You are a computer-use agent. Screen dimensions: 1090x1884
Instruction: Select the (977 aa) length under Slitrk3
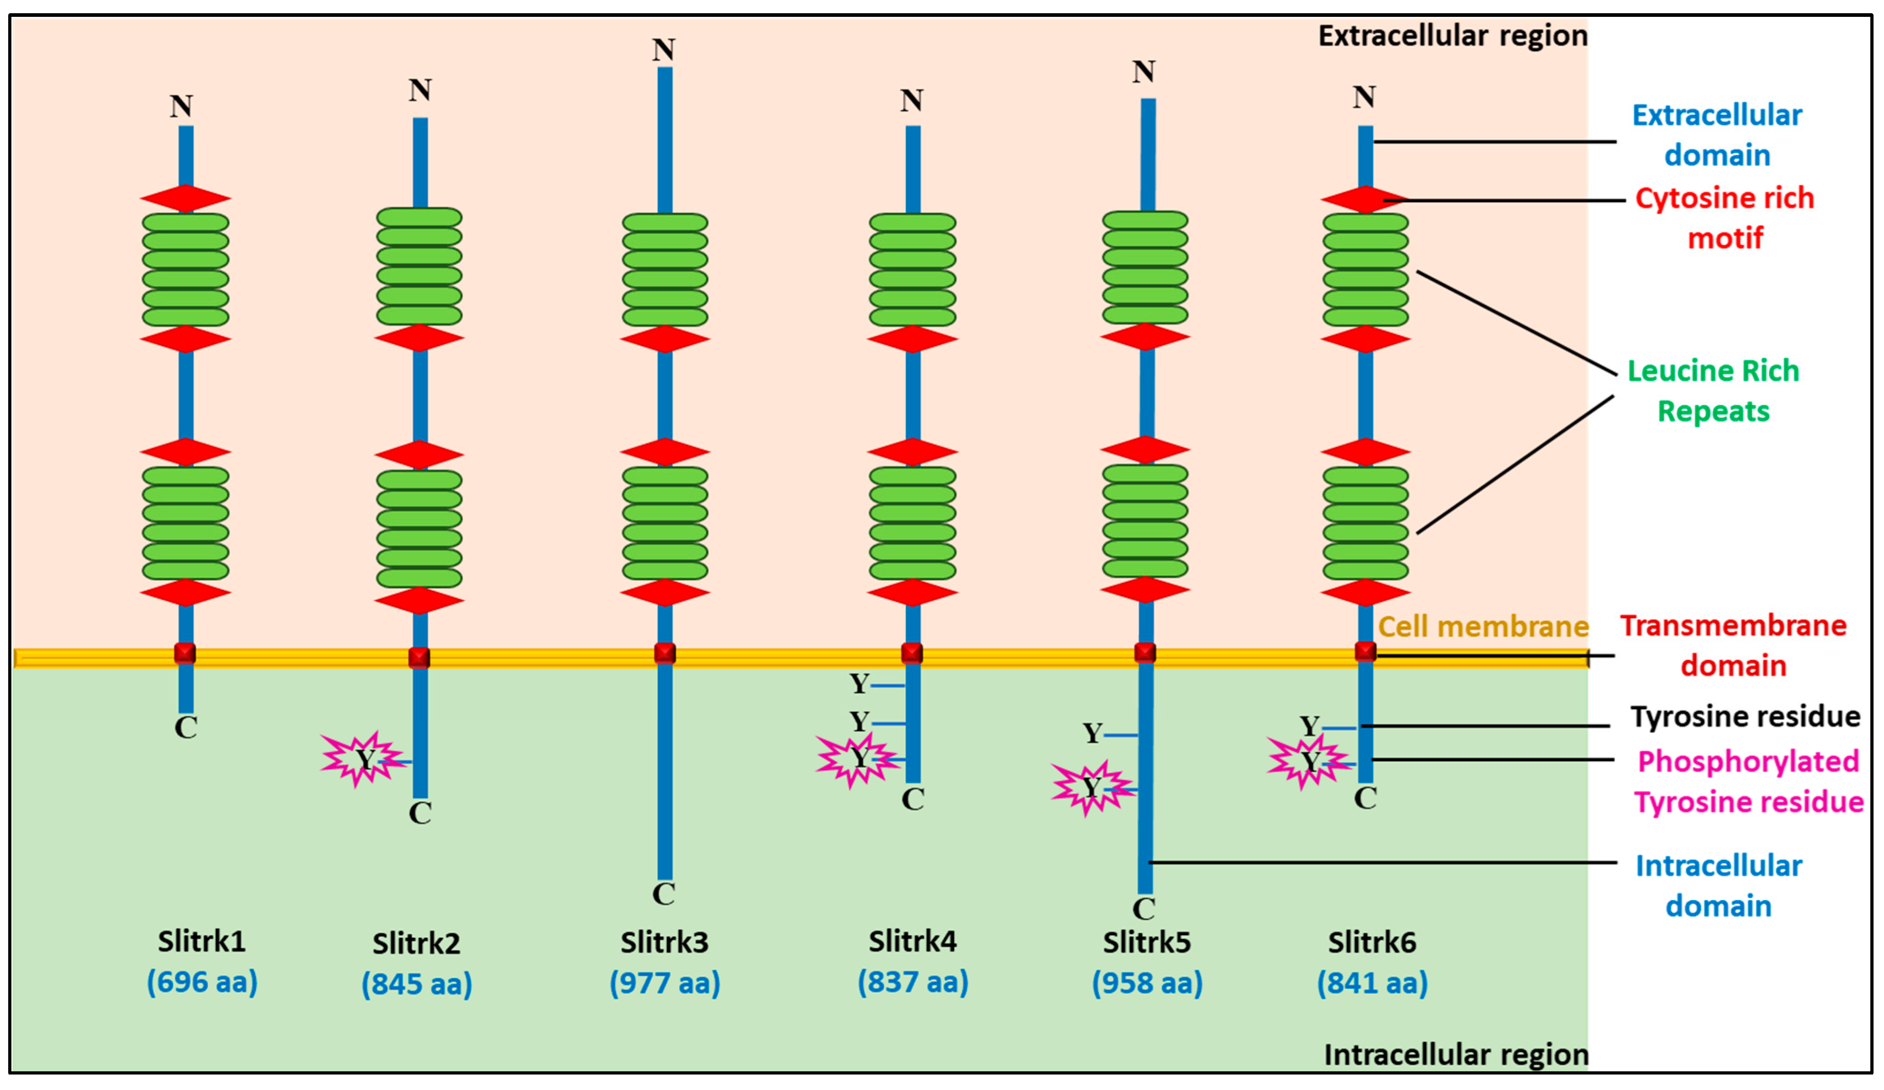point(665,983)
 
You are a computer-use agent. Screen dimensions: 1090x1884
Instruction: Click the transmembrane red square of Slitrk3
point(665,653)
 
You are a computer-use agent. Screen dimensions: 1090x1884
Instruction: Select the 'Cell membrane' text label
point(1483,626)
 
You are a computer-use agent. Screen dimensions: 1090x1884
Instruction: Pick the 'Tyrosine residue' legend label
point(1745,716)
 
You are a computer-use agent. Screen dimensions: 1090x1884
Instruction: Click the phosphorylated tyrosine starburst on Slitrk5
point(1092,787)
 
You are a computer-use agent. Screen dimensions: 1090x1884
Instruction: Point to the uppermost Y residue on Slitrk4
point(860,683)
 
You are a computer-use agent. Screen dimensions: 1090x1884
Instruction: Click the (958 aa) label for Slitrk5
point(1147,983)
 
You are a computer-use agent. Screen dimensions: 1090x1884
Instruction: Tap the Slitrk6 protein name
point(1372,942)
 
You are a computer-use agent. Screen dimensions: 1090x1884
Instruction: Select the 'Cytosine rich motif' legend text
point(1724,218)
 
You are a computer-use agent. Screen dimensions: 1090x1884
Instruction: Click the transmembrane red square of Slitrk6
point(1365,652)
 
